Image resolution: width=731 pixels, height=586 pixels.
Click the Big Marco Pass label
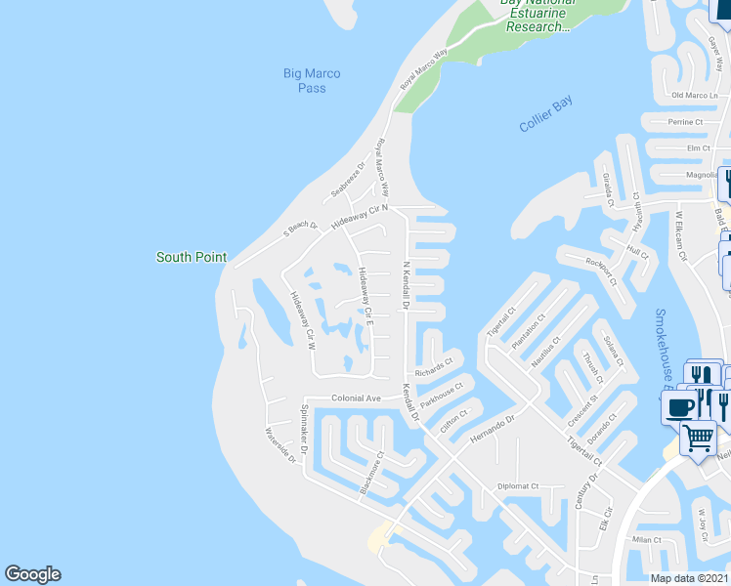312,80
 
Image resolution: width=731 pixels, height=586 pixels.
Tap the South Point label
192,258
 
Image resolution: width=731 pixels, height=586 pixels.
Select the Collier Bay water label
546,114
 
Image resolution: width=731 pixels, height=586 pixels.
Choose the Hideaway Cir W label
301,317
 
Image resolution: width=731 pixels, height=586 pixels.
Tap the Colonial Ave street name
356,398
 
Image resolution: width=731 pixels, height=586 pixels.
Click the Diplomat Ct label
518,485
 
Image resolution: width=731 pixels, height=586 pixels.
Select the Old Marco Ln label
695,96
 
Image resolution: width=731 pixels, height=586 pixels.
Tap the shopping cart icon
698,438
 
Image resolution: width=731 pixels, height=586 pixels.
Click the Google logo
32,574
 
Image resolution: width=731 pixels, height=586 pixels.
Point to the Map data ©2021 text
689,577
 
